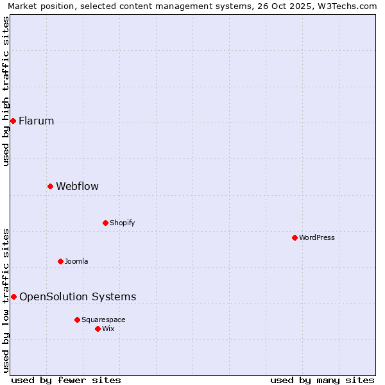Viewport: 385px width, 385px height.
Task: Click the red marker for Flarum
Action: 13,121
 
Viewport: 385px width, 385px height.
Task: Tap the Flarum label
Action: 36,121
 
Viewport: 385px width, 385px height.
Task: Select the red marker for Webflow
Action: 50,186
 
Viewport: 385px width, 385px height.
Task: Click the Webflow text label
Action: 77,187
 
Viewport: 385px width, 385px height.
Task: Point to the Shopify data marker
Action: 105,223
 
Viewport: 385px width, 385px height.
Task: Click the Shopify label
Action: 122,223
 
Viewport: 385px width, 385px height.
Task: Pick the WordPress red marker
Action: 295,237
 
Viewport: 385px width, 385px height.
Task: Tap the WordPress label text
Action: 316,238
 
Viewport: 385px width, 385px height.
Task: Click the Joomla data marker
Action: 60,261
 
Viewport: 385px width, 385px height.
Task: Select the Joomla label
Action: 76,262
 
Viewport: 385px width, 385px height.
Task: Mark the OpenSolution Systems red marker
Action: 13,296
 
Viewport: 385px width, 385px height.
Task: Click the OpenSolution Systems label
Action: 78,297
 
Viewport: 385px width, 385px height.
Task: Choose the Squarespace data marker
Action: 77,320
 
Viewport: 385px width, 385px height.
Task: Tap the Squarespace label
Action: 103,320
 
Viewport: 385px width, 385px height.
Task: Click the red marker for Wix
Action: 98,329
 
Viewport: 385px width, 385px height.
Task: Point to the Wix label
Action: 108,329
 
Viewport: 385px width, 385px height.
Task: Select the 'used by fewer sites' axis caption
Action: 66,380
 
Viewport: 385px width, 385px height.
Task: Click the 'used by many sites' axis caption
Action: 322,380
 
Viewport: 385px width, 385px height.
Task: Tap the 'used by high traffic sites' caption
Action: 6,91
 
